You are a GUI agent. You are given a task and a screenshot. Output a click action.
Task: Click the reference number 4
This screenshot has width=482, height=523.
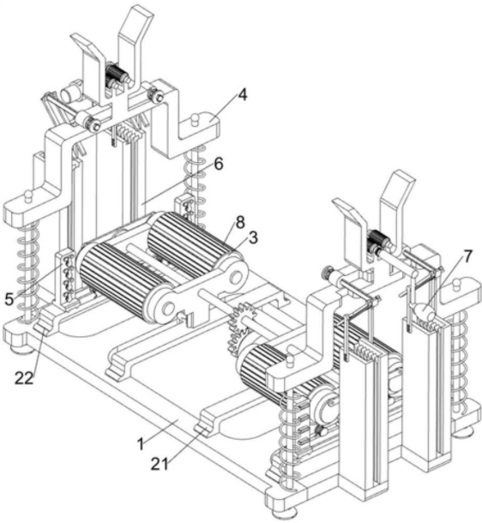(x=243, y=95)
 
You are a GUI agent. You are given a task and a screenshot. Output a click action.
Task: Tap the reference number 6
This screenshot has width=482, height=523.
(x=218, y=164)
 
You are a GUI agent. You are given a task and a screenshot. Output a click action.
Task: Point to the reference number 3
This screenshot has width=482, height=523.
(x=253, y=239)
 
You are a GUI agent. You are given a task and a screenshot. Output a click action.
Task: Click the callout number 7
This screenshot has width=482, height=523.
(x=467, y=256)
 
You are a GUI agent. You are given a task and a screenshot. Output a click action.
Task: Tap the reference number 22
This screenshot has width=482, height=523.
(x=24, y=378)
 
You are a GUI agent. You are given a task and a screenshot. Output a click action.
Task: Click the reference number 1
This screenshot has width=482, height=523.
(x=141, y=444)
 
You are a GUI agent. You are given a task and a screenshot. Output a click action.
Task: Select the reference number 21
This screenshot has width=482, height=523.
(x=160, y=463)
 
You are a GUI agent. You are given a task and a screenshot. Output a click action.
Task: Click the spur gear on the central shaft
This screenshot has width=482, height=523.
(x=241, y=327)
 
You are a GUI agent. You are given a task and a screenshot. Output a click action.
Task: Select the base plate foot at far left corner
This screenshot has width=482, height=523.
(x=21, y=349)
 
